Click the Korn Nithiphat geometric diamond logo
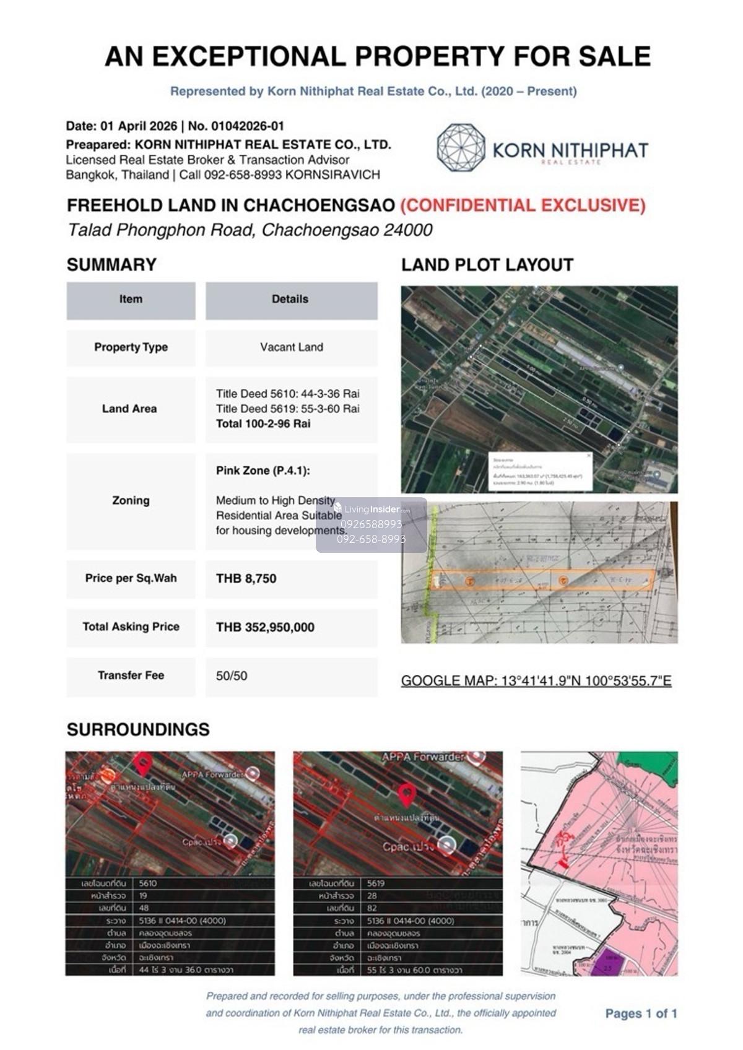tap(461, 147)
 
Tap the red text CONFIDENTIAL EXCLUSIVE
tap(523, 206)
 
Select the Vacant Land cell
tap(291, 347)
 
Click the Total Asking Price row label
tap(131, 627)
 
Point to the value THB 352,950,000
tap(265, 627)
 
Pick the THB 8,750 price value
tap(246, 579)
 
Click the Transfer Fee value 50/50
tap(232, 676)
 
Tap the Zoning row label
tap(131, 500)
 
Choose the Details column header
tap(290, 299)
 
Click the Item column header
tap(131, 299)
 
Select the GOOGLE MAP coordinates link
tap(536, 681)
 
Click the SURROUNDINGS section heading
tap(138, 729)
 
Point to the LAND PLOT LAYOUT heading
tap(487, 265)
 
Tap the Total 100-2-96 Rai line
tap(263, 424)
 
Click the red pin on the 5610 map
tap(143, 763)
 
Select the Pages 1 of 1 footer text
tap(641, 1013)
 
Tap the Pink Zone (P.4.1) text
tap(263, 471)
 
